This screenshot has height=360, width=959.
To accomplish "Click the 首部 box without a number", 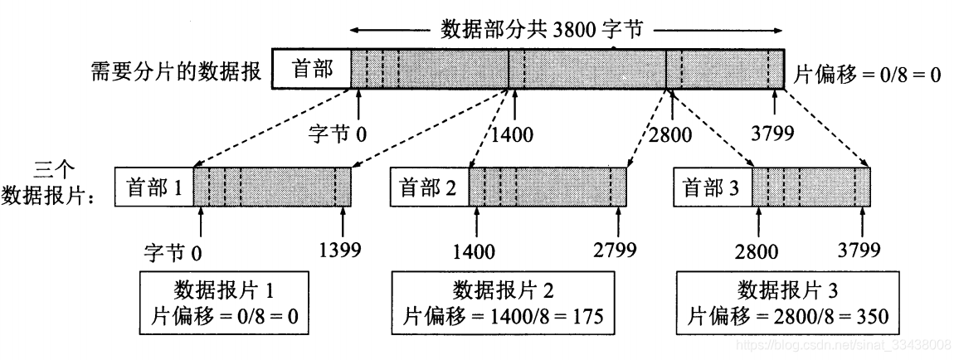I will coord(312,69).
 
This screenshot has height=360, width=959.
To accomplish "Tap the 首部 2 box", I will coord(429,189).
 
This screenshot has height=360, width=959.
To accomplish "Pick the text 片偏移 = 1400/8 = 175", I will coord(503,316).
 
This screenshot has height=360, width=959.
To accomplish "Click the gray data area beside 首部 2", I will coord(547,188).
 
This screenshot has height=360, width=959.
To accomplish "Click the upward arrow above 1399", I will coord(343,222).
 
